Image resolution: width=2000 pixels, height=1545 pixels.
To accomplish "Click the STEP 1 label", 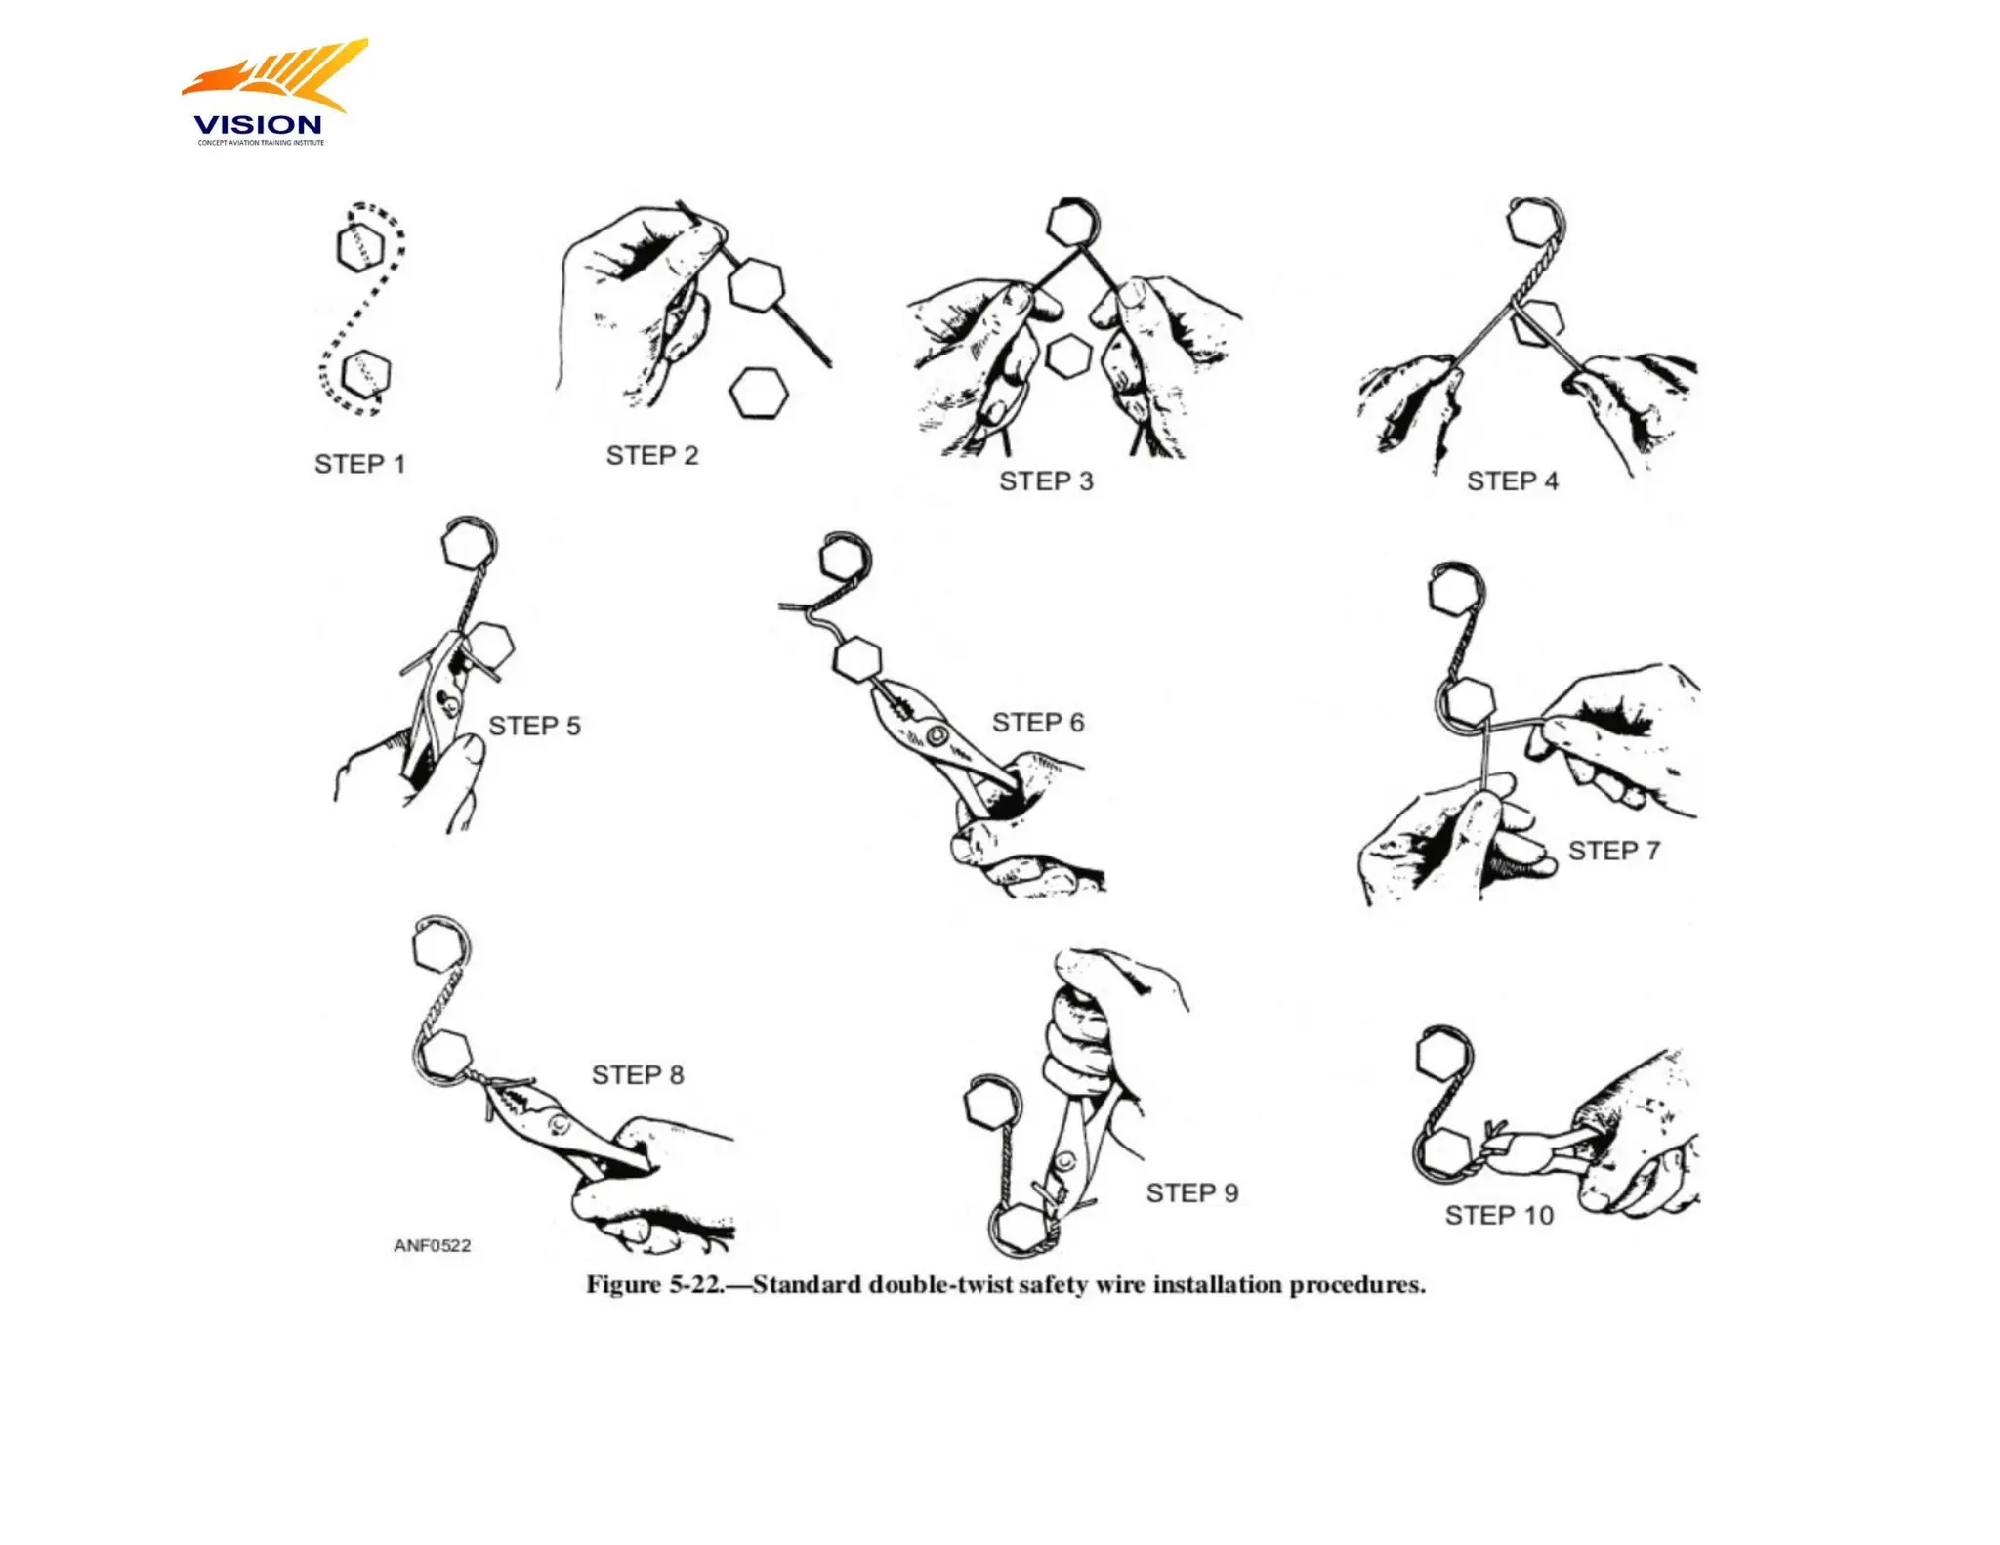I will (359, 464).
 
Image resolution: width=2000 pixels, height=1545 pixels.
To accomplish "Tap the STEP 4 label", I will (1512, 480).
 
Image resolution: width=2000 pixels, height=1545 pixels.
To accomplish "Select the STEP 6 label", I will (1037, 723).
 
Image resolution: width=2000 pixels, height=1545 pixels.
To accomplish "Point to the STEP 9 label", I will (1191, 1192).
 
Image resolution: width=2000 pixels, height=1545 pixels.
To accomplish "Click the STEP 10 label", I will (1498, 1215).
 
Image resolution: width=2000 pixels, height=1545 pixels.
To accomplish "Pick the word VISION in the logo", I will (257, 125).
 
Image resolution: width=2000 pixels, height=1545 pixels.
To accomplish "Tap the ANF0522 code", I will (432, 1245).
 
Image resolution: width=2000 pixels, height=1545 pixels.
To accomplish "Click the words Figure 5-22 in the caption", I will (655, 1284).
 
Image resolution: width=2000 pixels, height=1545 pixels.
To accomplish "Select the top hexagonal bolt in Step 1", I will (359, 246).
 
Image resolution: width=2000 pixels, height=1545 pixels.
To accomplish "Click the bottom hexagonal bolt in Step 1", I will (368, 373).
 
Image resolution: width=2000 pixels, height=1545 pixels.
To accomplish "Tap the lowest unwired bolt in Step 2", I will (759, 393).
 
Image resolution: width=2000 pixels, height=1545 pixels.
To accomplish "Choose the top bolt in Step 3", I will (1072, 223).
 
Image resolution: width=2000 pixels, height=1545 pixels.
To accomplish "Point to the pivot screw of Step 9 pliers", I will (1065, 1161).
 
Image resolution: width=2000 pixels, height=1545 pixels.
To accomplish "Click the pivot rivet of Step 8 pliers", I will (560, 1126).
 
